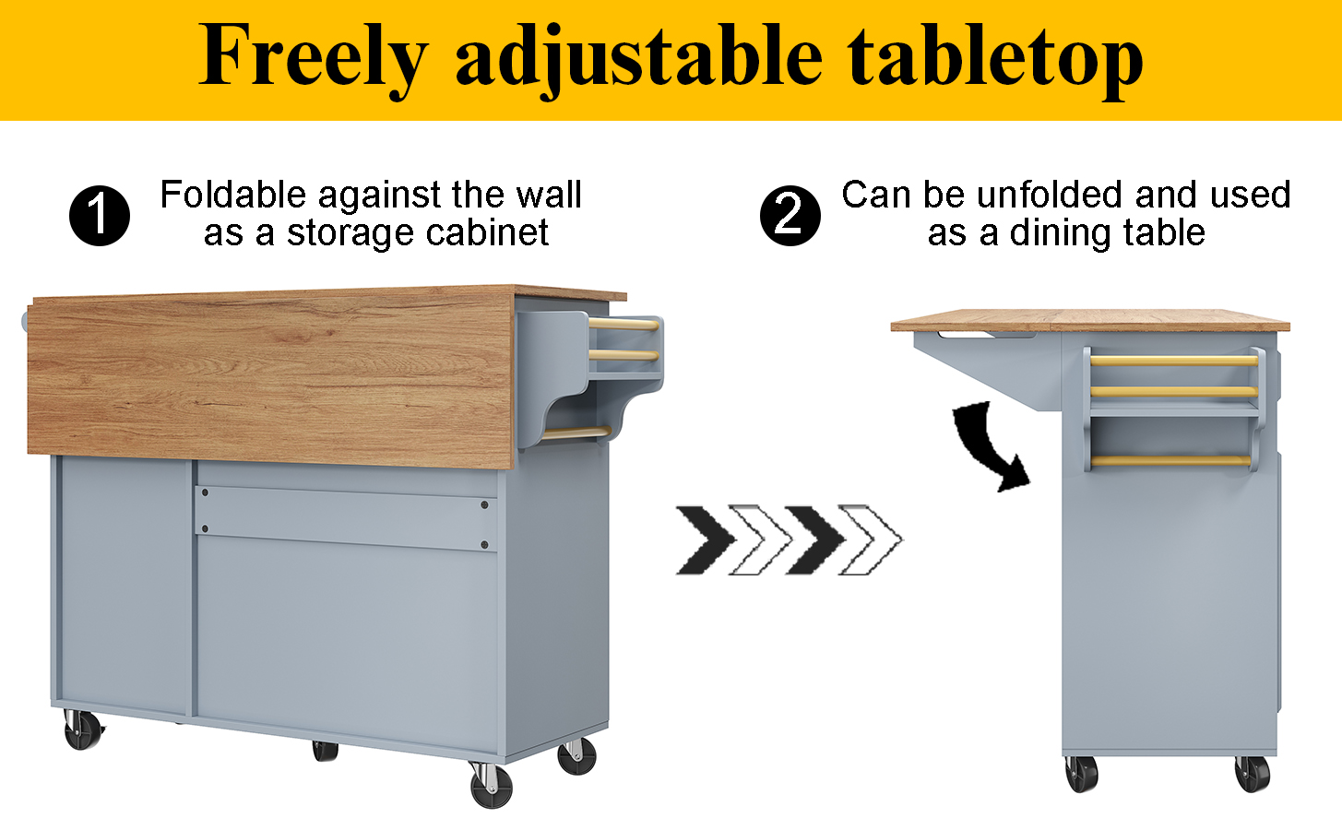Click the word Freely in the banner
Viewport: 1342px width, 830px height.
pyautogui.click(x=313, y=58)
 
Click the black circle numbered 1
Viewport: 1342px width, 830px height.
pyautogui.click(x=100, y=215)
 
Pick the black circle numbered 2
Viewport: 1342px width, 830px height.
pyautogui.click(x=790, y=215)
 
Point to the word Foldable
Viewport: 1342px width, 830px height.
pyautogui.click(x=233, y=195)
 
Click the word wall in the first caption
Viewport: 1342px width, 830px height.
pyautogui.click(x=549, y=195)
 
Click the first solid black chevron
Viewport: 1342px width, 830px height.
pyautogui.click(x=706, y=540)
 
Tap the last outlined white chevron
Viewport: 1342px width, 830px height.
pyautogui.click(x=870, y=540)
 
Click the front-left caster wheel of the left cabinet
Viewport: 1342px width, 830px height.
pyautogui.click(x=82, y=729)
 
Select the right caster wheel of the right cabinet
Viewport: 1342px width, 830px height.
pyautogui.click(x=1253, y=773)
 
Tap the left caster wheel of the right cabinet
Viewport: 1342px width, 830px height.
pyautogui.click(x=1081, y=773)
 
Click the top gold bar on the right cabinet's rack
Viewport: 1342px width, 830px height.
pyautogui.click(x=1173, y=361)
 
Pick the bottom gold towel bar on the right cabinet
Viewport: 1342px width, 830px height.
pyautogui.click(x=1170, y=460)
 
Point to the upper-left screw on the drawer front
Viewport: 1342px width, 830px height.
pyautogui.click(x=205, y=492)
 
